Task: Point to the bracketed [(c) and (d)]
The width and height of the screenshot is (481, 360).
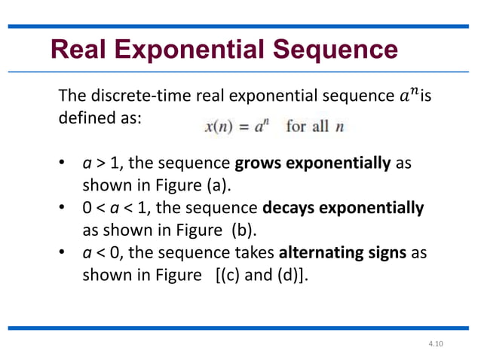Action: pos(261,274)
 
